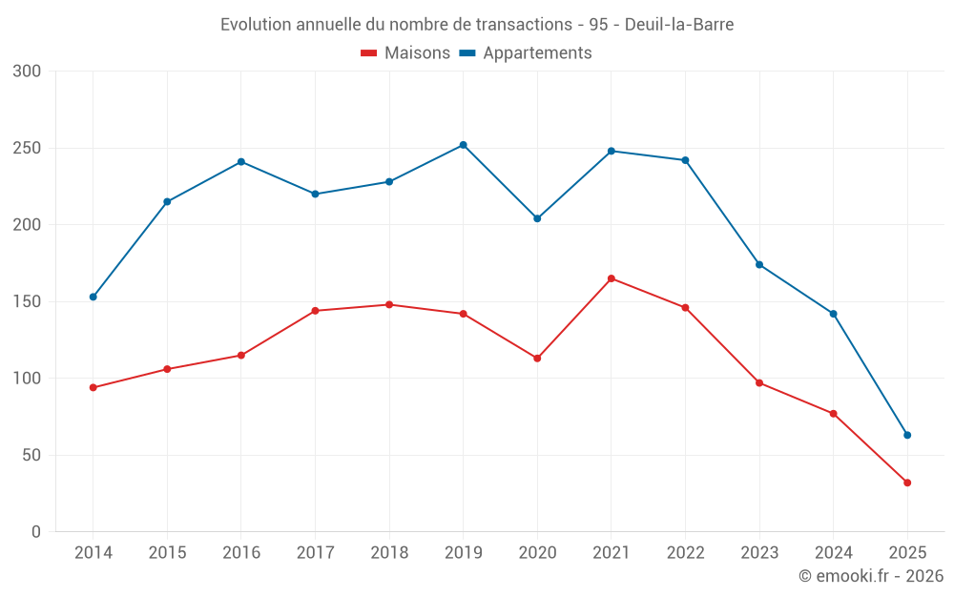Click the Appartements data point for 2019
[x=463, y=145]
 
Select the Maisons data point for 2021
[x=612, y=278]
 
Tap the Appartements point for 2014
[x=93, y=297]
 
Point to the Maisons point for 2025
[x=907, y=483]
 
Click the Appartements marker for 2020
[x=537, y=218]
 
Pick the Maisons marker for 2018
[x=389, y=304]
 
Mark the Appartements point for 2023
[x=759, y=264]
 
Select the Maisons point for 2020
[x=537, y=359]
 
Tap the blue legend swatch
[x=467, y=53]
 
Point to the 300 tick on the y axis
[x=28, y=72]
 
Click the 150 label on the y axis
[x=28, y=301]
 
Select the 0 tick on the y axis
[x=36, y=531]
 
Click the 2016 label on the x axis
[x=240, y=553]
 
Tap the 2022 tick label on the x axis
[x=685, y=553]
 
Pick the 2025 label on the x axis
[x=907, y=553]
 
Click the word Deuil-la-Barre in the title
[x=679, y=25]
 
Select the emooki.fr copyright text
[x=871, y=576]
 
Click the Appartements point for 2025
[x=907, y=435]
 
